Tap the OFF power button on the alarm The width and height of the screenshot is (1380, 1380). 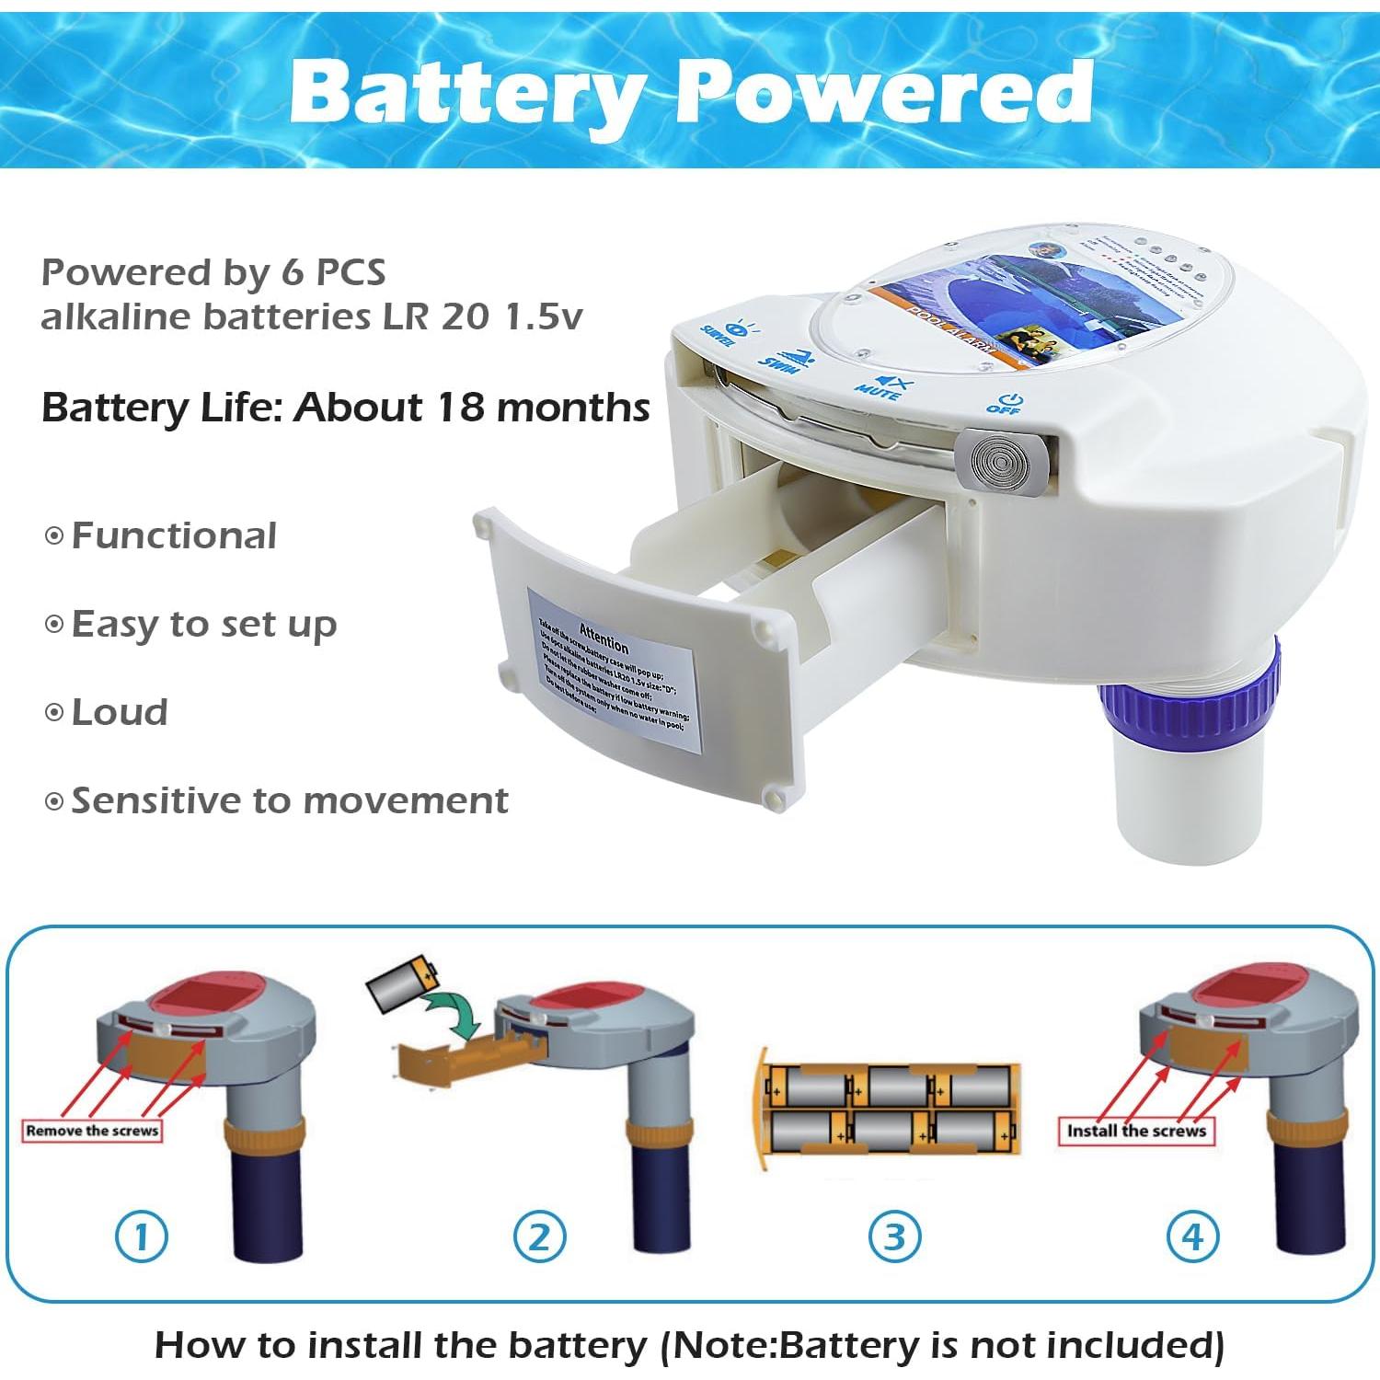1006,404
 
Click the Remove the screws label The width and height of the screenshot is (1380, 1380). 92,1131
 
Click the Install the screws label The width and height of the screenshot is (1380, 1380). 1136,1131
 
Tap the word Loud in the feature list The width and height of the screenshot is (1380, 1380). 120,712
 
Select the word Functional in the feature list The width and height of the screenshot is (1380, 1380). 174,535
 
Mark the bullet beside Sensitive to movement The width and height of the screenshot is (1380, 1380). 54,801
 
